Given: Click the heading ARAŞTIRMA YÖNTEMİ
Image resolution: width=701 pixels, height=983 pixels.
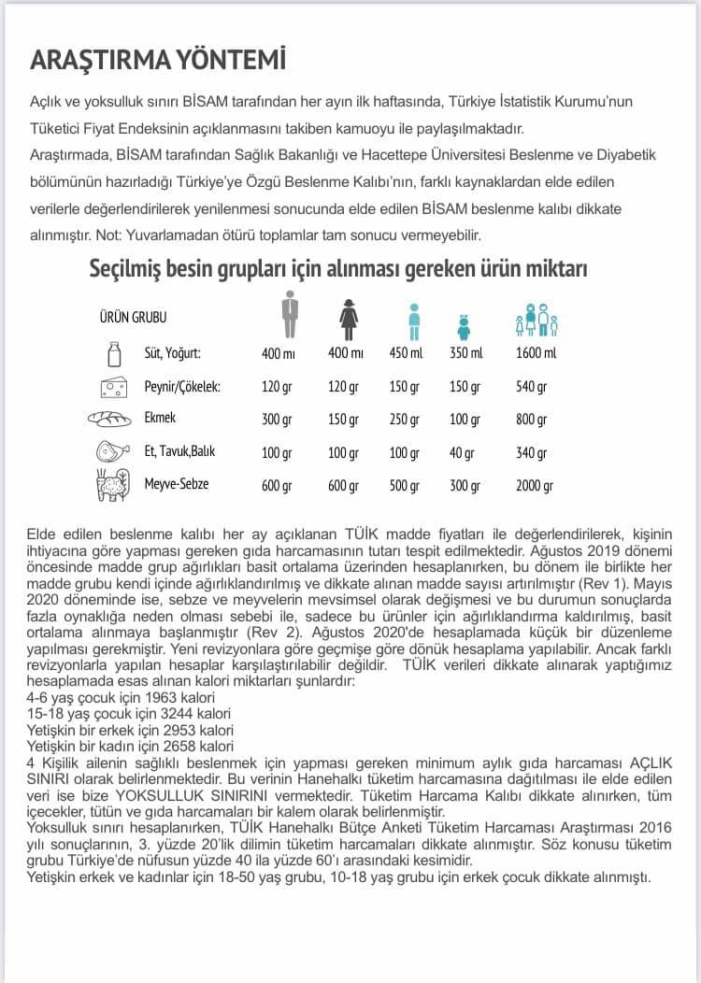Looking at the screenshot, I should (159, 59).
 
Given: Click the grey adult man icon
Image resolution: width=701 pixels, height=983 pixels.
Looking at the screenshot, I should (290, 314).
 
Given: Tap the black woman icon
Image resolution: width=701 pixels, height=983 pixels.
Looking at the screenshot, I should (349, 318).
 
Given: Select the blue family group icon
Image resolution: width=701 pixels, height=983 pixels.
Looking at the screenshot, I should (536, 319).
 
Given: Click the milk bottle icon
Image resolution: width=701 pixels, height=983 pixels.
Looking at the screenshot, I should (115, 354).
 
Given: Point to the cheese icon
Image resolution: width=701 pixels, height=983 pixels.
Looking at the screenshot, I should (115, 387).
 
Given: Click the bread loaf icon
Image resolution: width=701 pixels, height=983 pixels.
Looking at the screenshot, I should (112, 420).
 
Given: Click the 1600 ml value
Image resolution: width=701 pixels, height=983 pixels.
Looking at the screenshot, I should (536, 353).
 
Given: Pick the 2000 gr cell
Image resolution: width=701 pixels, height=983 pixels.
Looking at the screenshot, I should (534, 486).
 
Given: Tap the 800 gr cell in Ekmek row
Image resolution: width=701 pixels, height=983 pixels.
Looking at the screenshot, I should (531, 420).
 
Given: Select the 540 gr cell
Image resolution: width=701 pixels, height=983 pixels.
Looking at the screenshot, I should (531, 387).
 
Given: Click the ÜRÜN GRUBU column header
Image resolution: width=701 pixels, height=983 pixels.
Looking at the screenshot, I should (133, 318).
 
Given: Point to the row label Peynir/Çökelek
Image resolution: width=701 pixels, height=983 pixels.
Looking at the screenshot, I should (182, 387).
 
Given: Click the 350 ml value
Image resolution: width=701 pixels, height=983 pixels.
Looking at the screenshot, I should (465, 353).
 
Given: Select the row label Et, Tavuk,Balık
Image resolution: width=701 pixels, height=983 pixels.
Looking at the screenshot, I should (179, 452).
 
